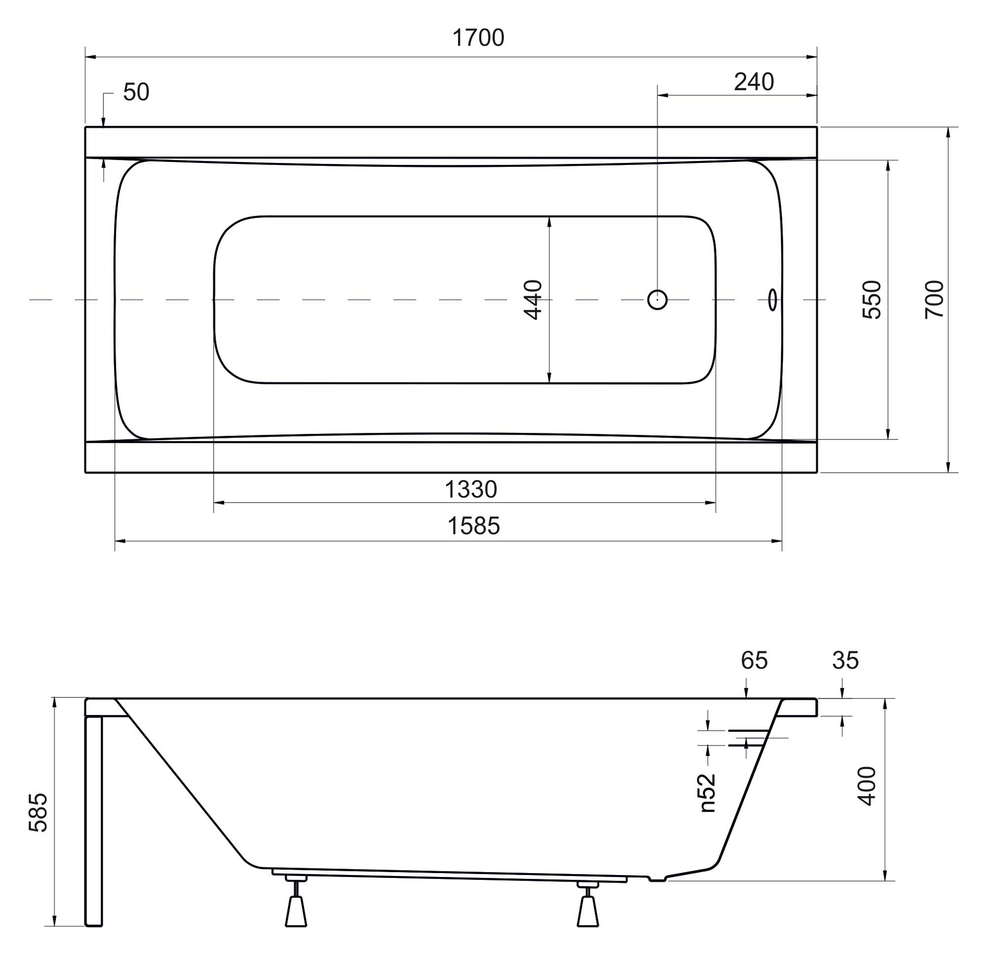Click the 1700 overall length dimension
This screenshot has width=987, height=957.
(478, 39)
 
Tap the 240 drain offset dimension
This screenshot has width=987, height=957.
(754, 82)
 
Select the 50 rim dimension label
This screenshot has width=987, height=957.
(136, 92)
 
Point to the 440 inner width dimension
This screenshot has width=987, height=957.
(533, 300)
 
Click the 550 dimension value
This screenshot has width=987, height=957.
(872, 300)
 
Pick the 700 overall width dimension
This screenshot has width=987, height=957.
(934, 299)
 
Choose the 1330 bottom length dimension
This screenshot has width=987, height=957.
(471, 489)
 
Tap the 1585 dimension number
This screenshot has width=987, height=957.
(473, 526)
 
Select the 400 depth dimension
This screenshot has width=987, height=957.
(867, 786)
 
